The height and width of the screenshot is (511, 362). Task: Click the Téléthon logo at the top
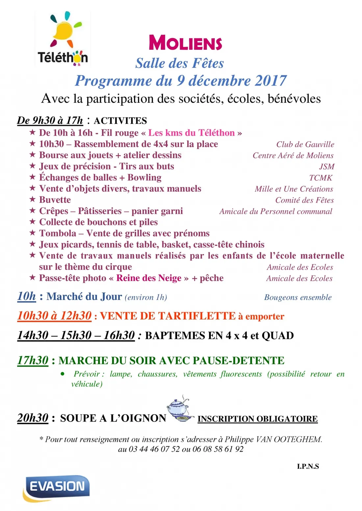tap(63, 39)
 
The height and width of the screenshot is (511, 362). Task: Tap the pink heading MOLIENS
tap(185, 43)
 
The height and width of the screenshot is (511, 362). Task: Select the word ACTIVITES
tap(120, 121)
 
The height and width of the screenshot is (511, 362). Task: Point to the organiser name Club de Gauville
tap(305, 144)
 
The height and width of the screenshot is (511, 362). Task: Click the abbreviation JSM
tap(326, 167)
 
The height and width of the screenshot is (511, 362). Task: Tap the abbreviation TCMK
tap(321, 178)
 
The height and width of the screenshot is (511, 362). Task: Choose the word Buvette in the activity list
tap(55, 200)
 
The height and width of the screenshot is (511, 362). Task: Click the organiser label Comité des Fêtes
tap(304, 200)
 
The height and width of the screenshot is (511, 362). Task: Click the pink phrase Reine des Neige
tap(149, 278)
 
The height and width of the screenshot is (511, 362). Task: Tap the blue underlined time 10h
tap(26, 296)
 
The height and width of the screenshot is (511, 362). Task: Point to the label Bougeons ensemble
tap(298, 298)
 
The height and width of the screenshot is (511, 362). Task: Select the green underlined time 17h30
tap(33, 360)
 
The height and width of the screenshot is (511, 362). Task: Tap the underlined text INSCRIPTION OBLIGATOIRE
tap(257, 419)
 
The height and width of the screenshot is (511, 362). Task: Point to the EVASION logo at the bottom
tap(57, 487)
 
